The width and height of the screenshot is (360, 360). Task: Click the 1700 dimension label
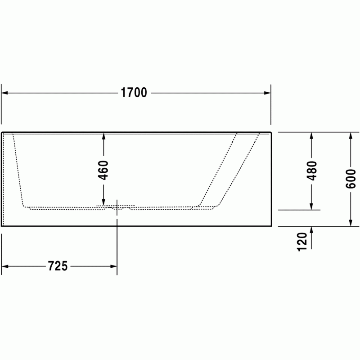(134, 93)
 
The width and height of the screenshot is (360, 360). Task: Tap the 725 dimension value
(58, 266)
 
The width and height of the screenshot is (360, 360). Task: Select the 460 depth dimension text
(103, 170)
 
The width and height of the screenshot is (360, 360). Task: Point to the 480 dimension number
(311, 171)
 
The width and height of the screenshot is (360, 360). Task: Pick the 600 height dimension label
(351, 179)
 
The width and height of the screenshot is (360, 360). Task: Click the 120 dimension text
(302, 242)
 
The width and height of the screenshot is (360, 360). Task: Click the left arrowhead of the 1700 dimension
(4, 93)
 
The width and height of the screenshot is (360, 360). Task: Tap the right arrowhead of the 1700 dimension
(267, 93)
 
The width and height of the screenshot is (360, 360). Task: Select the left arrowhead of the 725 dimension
(5, 266)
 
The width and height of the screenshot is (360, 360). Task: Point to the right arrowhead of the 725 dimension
(114, 266)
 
